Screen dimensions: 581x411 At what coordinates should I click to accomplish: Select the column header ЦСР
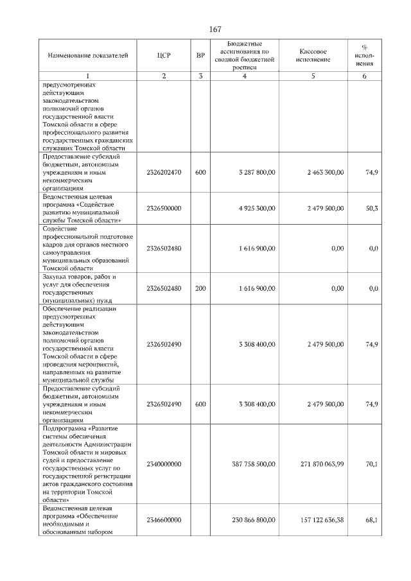pyautogui.click(x=164, y=55)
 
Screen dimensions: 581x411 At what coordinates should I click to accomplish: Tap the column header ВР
pyautogui.click(x=200, y=55)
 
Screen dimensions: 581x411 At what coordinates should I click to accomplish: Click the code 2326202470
pyautogui.click(x=164, y=173)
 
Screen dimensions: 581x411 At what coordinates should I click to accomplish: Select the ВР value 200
pyautogui.click(x=200, y=289)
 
